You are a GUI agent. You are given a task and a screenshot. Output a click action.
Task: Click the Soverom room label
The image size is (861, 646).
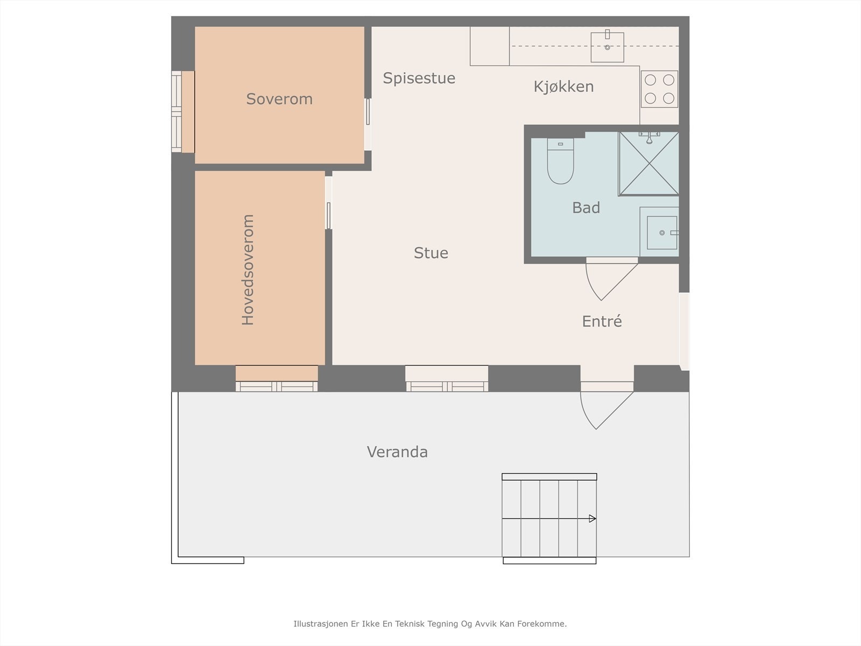point(279,99)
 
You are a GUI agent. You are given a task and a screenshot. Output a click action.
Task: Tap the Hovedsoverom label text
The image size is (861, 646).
point(248,270)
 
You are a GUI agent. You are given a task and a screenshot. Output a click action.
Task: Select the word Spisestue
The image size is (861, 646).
point(419,79)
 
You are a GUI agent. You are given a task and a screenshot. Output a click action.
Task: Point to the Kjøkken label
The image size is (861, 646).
point(563,87)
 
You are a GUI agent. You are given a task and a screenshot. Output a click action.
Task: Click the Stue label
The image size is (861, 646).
point(430,253)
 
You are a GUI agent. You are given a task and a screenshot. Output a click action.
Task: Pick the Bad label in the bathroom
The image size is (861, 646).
point(586,208)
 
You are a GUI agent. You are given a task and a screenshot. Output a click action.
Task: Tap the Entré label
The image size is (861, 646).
point(602,321)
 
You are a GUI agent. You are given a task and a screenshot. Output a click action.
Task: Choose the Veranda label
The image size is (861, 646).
point(397,452)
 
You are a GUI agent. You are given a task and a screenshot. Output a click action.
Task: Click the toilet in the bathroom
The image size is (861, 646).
point(561,161)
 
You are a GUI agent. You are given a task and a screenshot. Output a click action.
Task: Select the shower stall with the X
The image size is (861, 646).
point(649,163)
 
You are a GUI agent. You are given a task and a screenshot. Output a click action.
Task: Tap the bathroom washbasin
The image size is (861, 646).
point(662,233)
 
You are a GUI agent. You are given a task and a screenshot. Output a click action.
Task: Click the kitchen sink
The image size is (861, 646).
point(607,47)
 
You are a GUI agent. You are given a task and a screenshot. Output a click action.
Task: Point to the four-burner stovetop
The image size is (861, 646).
point(659,89)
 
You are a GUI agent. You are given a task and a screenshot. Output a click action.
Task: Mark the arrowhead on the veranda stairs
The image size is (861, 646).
point(592,518)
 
